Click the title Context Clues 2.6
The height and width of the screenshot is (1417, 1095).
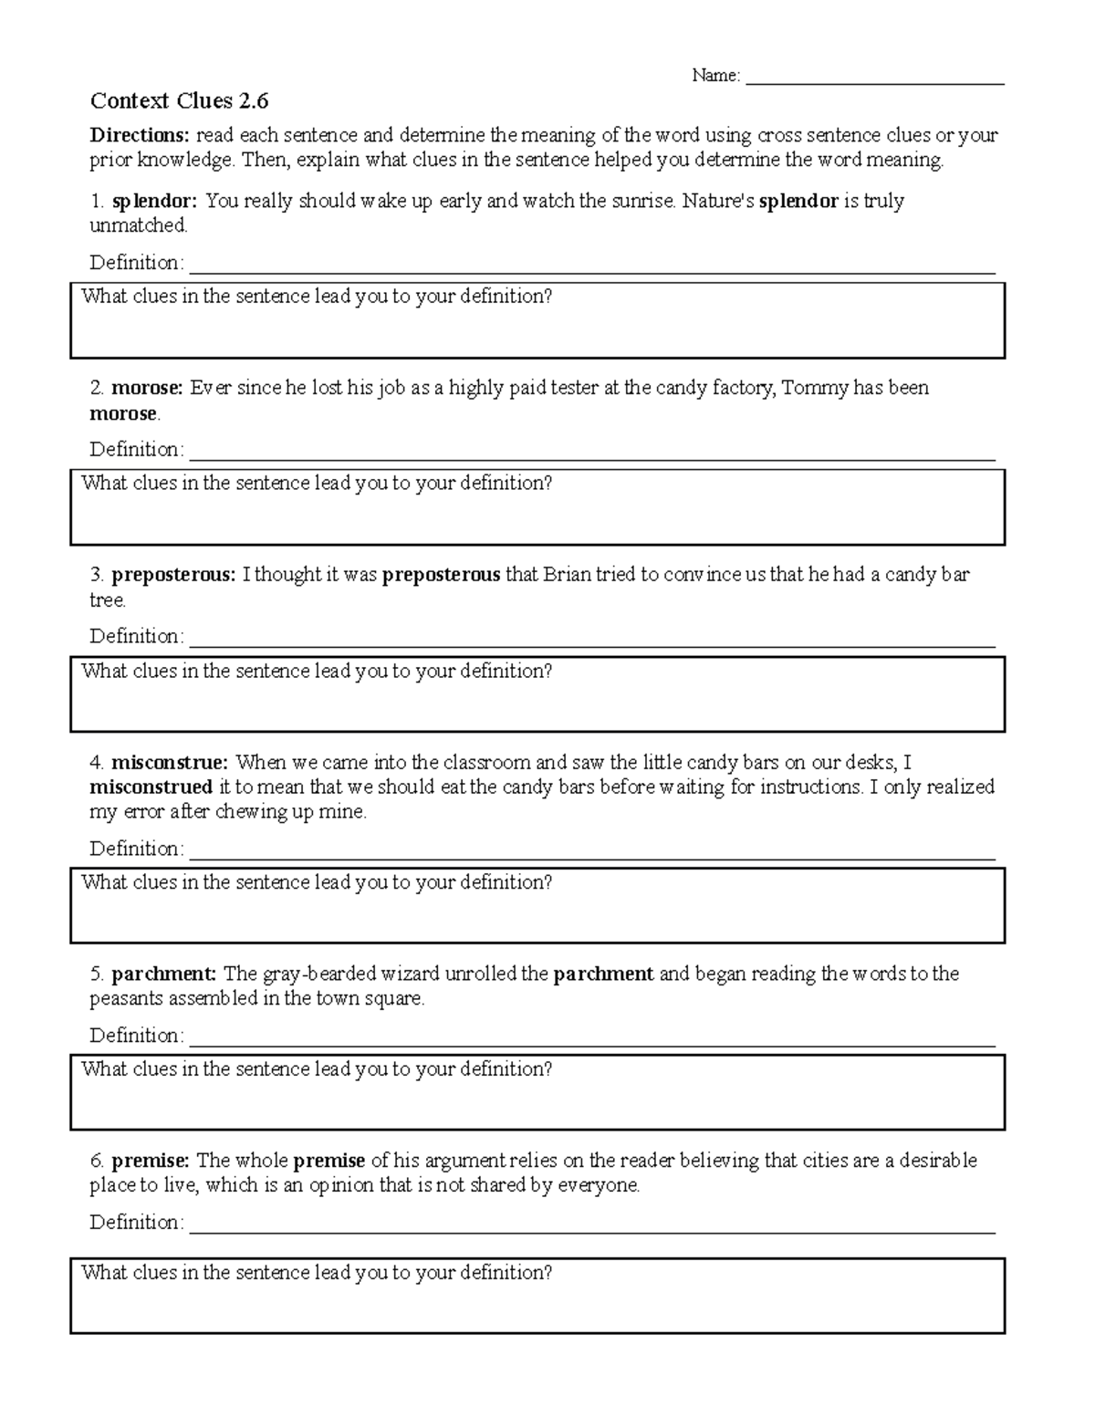179,100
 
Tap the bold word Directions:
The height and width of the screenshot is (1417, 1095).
140,136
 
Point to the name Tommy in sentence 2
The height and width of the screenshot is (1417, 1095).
815,388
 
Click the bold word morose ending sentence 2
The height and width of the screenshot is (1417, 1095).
123,413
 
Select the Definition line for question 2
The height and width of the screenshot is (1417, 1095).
590,453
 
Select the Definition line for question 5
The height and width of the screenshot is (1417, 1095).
590,1039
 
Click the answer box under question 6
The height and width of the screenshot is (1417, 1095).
537,1306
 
